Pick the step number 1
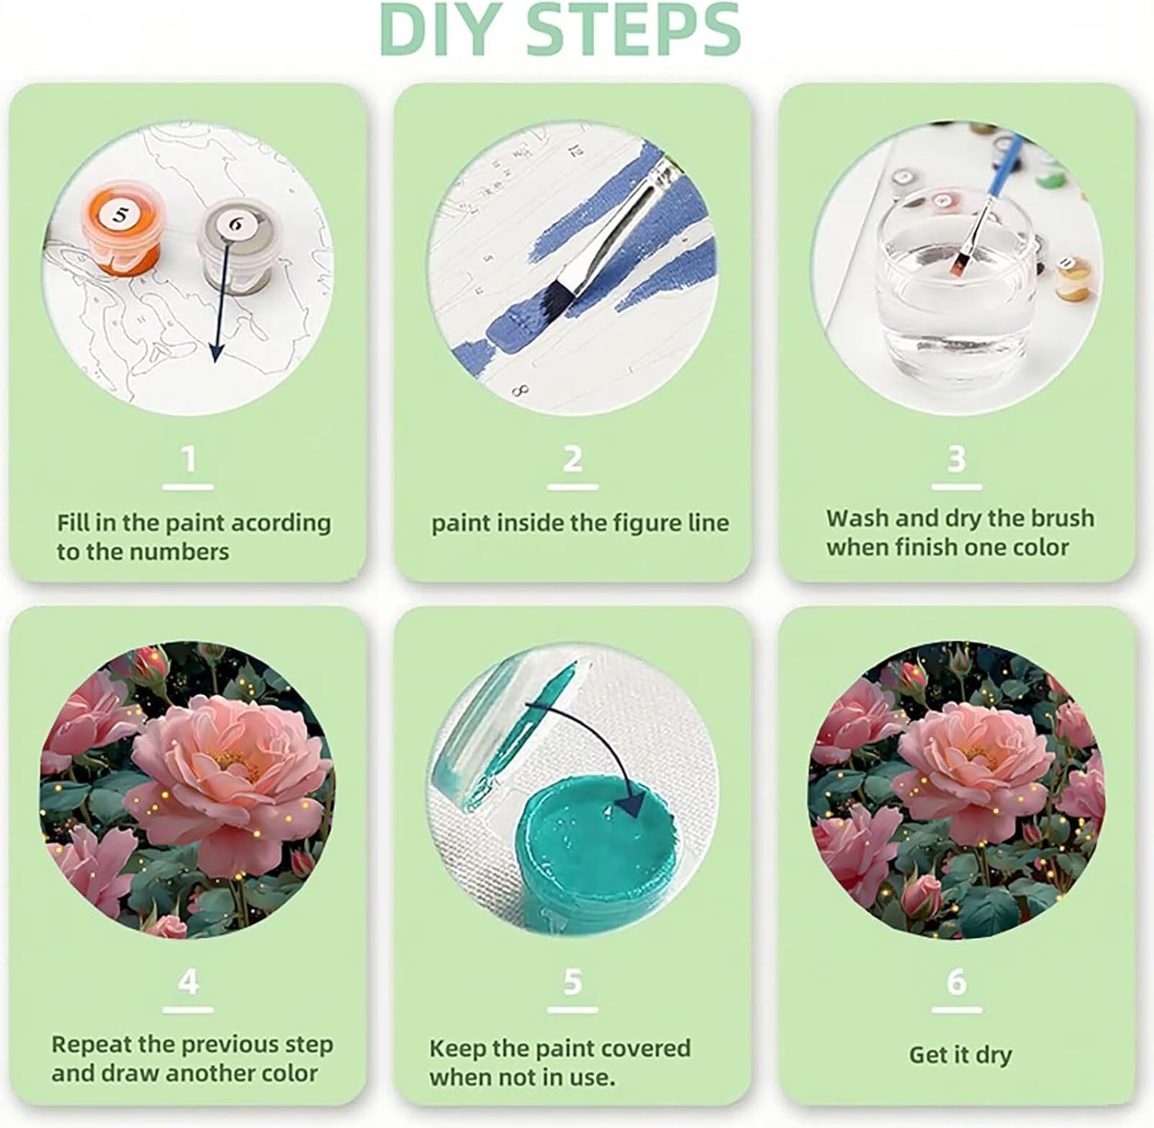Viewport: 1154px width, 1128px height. coord(188,459)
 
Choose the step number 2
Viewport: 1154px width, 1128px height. coord(572,459)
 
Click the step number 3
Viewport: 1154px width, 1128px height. coord(956,459)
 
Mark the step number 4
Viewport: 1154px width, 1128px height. coord(188,983)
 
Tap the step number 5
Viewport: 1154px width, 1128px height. coord(572,983)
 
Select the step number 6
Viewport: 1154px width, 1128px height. coord(956,983)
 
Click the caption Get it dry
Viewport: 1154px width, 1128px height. coord(960,1055)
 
